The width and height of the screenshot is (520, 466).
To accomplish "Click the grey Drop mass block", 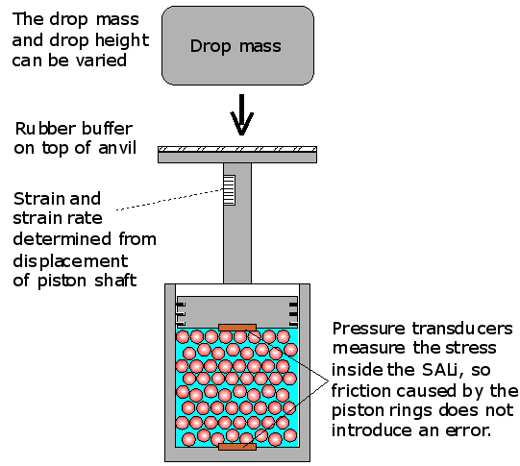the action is (237, 45).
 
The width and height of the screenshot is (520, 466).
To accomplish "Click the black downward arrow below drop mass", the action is (242, 114).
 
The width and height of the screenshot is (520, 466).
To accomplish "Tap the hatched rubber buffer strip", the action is (237, 149).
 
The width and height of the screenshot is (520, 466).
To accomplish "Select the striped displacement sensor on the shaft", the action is (229, 190).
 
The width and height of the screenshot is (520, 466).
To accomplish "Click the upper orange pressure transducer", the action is (237, 328).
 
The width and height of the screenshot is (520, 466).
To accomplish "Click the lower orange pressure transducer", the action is (237, 447).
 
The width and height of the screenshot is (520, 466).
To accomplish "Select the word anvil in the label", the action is (117, 148).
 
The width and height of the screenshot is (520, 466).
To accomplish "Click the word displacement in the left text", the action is (70, 262).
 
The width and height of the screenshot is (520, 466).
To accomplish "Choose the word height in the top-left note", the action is (122, 41).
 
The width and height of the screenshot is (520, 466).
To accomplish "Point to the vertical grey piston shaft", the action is (237, 223).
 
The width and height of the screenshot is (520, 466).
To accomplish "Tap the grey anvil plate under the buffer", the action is (237, 158).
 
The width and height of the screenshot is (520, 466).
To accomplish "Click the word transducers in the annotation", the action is (462, 329).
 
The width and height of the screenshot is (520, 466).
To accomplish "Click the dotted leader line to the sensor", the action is (170, 200).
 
